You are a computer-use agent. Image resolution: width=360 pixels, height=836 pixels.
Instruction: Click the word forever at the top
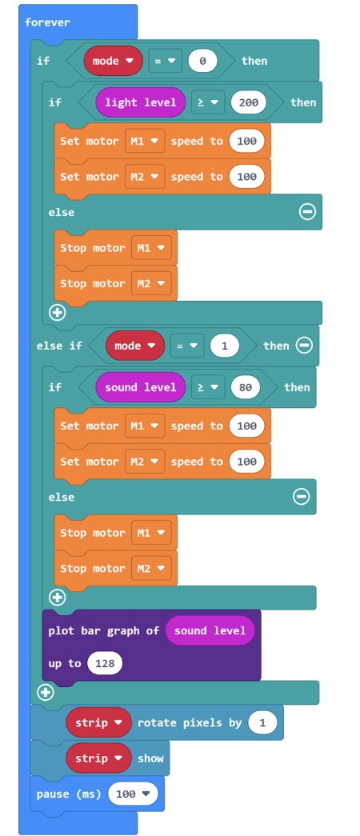click(47, 22)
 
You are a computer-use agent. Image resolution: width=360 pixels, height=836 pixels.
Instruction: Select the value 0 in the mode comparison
click(202, 61)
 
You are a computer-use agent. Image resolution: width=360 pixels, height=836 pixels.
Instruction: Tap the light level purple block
click(140, 102)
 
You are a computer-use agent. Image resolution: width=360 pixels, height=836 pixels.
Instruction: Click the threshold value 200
click(249, 102)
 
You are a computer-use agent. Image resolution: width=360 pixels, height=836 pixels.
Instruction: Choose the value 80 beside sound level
click(246, 387)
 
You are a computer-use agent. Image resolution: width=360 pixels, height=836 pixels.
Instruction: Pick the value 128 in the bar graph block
click(105, 664)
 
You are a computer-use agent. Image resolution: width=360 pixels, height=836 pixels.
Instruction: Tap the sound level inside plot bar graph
click(210, 630)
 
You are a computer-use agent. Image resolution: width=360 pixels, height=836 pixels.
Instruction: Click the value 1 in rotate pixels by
click(262, 723)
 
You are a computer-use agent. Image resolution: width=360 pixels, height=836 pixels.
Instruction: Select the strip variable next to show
click(98, 758)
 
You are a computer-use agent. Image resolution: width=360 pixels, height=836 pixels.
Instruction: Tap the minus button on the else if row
click(304, 346)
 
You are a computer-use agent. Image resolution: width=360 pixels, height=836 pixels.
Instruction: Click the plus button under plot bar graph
click(46, 693)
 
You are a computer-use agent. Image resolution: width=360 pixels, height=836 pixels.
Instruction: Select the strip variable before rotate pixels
click(98, 723)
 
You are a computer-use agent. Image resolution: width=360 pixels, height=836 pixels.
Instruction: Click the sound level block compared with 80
click(140, 387)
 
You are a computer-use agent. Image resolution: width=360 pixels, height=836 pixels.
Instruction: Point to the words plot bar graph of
click(104, 630)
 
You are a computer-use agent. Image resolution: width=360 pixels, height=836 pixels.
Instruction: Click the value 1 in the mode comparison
click(225, 346)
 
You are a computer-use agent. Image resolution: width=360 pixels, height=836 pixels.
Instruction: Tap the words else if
click(59, 346)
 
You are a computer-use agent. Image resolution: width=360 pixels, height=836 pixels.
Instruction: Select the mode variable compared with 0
click(114, 61)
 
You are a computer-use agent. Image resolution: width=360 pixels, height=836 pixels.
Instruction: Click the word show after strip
click(150, 758)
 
